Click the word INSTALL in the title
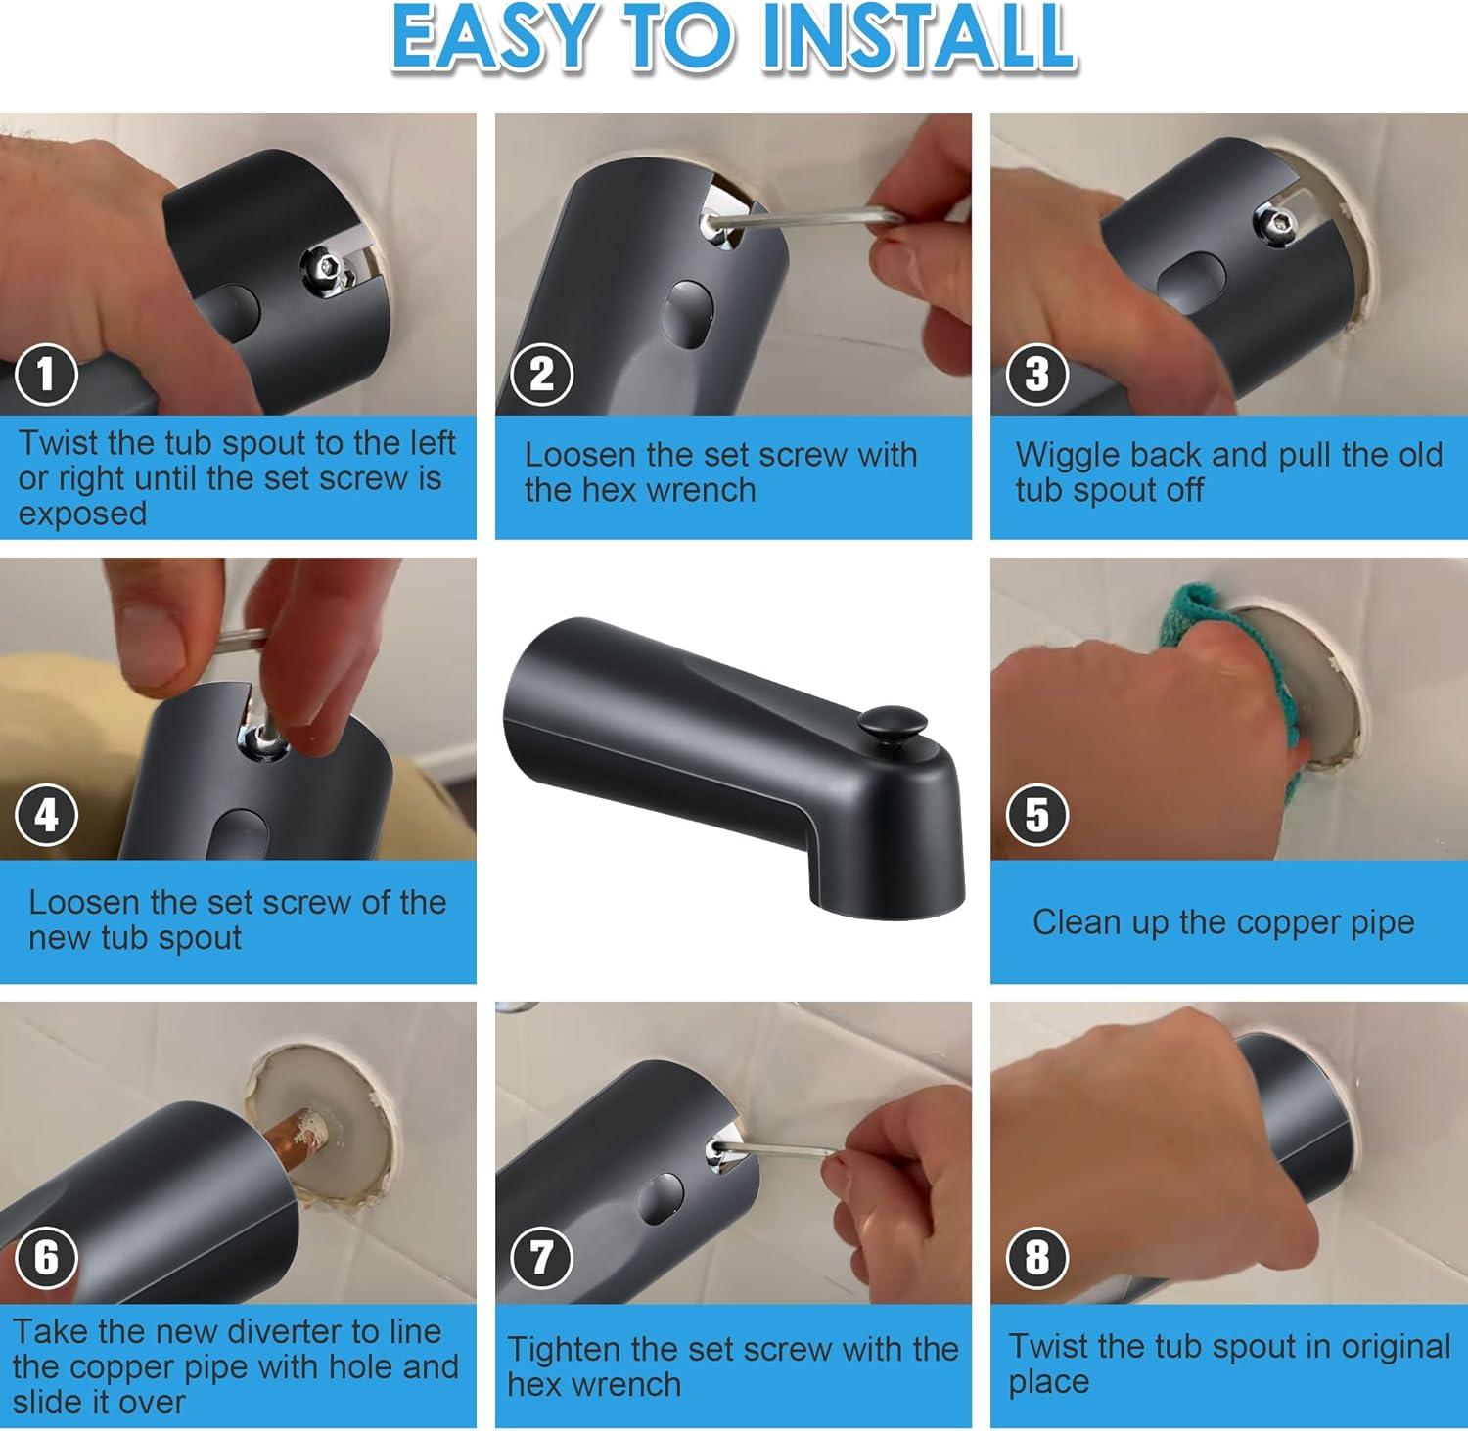919,37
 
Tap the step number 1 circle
46,375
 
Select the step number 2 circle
541,375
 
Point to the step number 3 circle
1036,375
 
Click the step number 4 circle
46,816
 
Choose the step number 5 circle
1036,816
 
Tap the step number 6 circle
46,1257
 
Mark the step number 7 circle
541,1257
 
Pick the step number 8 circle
1036,1257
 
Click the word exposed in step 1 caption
82,514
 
